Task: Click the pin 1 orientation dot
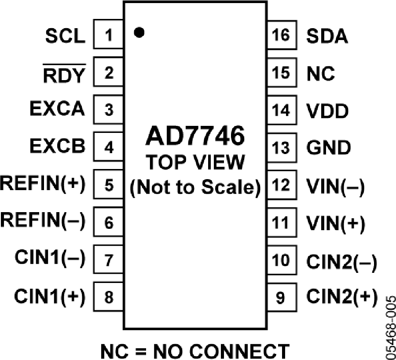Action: pyautogui.click(x=139, y=32)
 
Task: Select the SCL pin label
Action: pyautogui.click(x=65, y=36)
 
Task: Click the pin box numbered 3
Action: pyautogui.click(x=109, y=110)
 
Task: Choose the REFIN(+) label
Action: pyautogui.click(x=43, y=182)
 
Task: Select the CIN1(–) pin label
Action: pyautogui.click(x=50, y=257)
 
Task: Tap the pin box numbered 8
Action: pyautogui.click(x=109, y=298)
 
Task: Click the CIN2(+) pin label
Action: pyautogui.click(x=342, y=298)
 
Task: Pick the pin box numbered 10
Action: pyautogui.click(x=281, y=261)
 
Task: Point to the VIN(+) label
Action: pyautogui.click(x=336, y=224)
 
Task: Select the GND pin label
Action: pyautogui.click(x=329, y=147)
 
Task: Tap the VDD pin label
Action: pyautogui.click(x=327, y=111)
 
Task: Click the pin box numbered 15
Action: pyautogui.click(x=281, y=73)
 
